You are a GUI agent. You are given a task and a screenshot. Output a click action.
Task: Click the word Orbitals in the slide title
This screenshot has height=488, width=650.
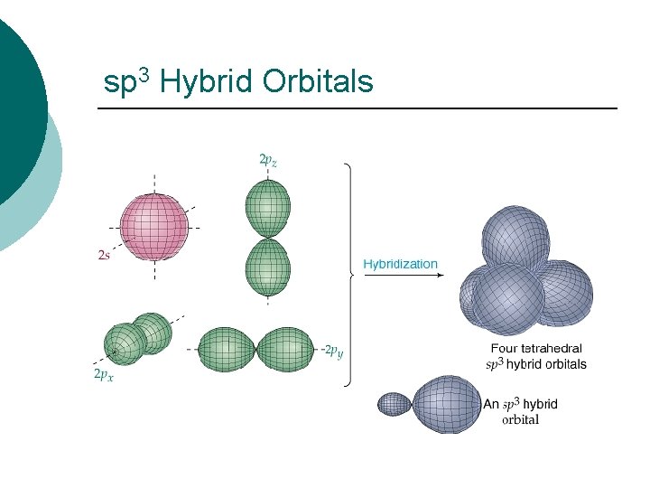317,82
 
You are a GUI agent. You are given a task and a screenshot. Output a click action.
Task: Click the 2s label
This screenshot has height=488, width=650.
104,256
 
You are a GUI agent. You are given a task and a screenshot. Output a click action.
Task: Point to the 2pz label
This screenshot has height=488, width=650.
268,160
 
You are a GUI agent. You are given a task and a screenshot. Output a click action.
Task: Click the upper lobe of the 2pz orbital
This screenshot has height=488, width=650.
268,207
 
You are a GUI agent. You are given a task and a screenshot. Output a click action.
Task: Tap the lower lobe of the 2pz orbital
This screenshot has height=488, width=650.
268,267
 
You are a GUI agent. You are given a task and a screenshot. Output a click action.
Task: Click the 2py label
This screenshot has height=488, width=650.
333,351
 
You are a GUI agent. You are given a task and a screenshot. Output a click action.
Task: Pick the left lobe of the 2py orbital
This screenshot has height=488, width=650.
227,349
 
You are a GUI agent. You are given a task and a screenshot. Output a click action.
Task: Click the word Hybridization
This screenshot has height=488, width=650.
400,265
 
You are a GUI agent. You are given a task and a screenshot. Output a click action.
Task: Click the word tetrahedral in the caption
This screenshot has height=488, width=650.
551,349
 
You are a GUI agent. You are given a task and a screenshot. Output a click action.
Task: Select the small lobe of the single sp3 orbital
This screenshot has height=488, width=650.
395,403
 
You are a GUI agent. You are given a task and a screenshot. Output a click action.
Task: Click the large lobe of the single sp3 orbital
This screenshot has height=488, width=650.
448,404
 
